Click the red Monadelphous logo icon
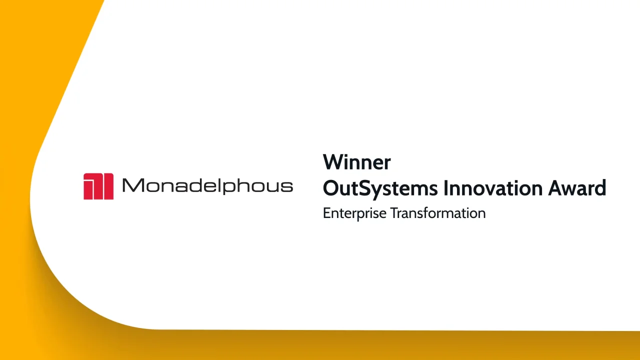(x=98, y=186)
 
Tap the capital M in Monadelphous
(x=131, y=186)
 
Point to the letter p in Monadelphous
(x=228, y=188)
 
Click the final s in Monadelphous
(x=287, y=187)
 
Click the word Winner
(x=356, y=162)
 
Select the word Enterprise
(x=354, y=213)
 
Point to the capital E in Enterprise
(x=326, y=213)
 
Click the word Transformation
(x=437, y=213)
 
